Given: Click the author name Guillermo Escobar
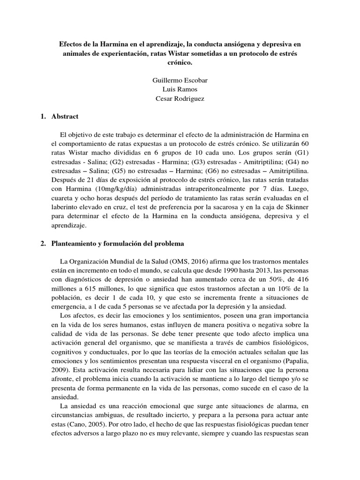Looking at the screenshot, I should (180, 80).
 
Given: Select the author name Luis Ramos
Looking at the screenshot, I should (180, 89).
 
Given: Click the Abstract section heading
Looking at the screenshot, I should (65, 116).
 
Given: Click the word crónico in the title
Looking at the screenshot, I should (180, 62).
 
